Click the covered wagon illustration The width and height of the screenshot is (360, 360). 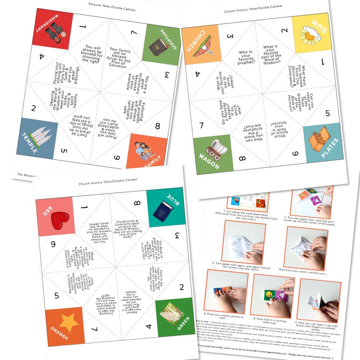(214, 148)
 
